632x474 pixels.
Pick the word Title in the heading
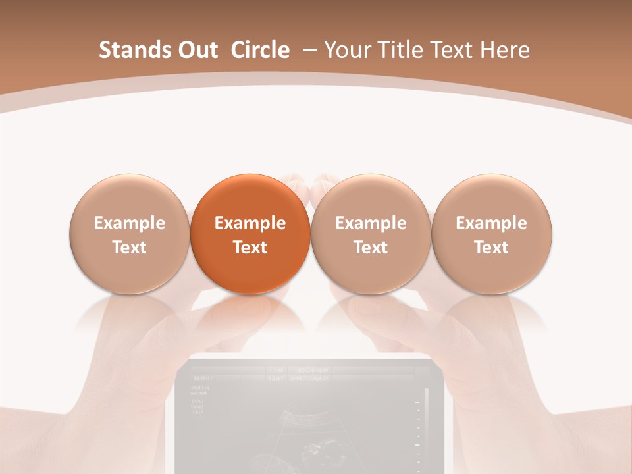(400, 50)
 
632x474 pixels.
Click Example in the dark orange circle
(250, 223)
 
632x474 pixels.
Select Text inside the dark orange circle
(250, 248)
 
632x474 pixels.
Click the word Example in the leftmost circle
(130, 223)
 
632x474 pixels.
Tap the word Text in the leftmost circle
(130, 248)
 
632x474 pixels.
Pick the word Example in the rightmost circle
(492, 223)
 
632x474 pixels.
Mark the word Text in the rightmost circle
(492, 248)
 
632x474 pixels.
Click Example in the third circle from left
(371, 223)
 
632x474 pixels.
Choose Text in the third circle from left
(371, 248)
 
